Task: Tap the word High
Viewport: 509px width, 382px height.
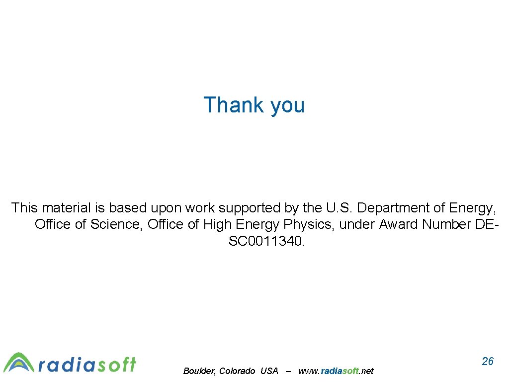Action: [x=217, y=224]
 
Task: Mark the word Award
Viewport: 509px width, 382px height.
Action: [x=399, y=224]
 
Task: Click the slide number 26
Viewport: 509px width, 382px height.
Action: [x=488, y=361]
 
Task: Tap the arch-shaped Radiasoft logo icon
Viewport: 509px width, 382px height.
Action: [x=19, y=363]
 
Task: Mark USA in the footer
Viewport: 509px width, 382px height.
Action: [x=269, y=371]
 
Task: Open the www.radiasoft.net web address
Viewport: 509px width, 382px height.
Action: [x=336, y=371]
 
